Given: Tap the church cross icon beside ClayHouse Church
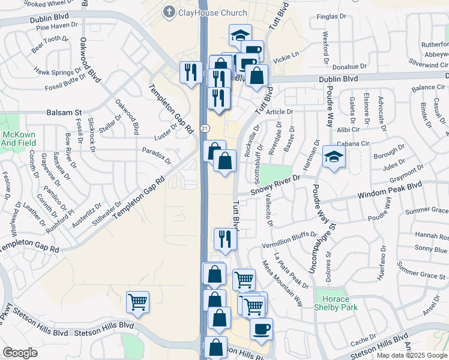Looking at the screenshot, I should coord(170,12).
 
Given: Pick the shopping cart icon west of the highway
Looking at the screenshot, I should coord(137,302).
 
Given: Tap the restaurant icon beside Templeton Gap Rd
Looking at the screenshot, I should coord(191,73).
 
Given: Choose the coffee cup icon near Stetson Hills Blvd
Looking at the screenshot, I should coord(261,328).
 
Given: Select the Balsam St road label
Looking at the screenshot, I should coord(64,112).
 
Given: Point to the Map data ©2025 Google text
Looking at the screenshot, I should coord(411,355).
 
